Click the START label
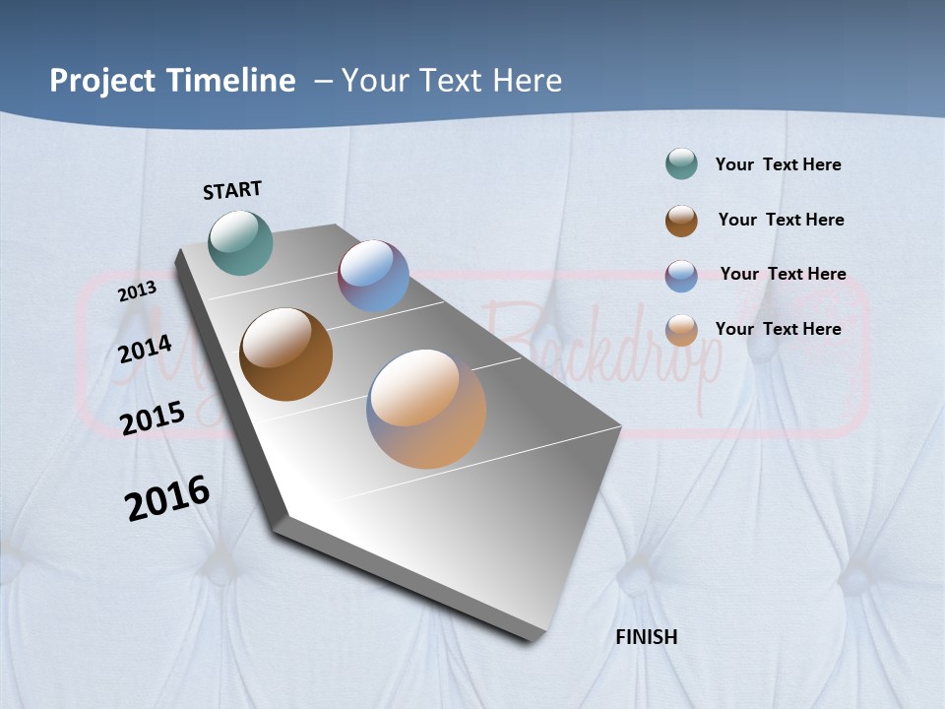tap(232, 190)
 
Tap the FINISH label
tap(646, 637)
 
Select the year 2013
tap(137, 291)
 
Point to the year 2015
tap(152, 419)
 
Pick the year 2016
tap(167, 498)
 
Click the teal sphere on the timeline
tap(240, 242)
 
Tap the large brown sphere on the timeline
tap(285, 354)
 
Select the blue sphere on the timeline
tap(373, 276)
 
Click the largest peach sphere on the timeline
tap(426, 409)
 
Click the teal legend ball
tap(681, 164)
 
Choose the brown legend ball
tap(681, 221)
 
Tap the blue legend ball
tap(681, 276)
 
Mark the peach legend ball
tap(681, 330)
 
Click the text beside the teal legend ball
tap(778, 164)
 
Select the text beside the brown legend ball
tap(781, 220)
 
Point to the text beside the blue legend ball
tap(783, 274)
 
